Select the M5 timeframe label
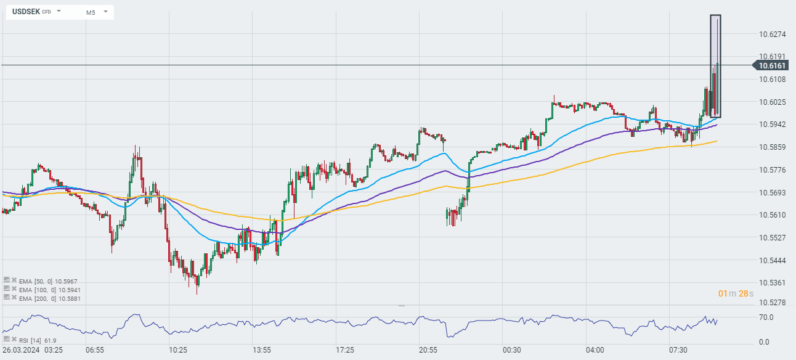(x=91, y=12)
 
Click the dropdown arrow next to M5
(x=105, y=12)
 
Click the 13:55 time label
(x=261, y=350)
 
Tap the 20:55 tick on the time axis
(x=428, y=350)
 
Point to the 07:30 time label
(x=678, y=350)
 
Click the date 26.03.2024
(x=22, y=350)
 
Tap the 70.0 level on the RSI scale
(x=766, y=317)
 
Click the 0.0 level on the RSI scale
(x=763, y=342)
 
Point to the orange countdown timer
(x=735, y=293)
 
